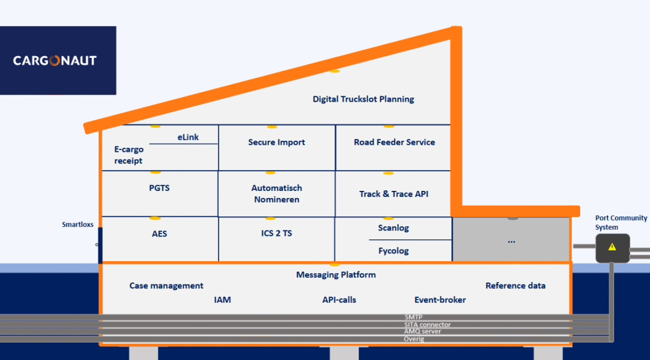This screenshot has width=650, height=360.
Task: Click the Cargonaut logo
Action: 55,60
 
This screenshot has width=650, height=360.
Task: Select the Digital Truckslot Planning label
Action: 363,99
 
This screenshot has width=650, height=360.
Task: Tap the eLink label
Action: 188,137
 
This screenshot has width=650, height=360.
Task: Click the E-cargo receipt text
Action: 129,155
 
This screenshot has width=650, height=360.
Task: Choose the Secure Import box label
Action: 277,142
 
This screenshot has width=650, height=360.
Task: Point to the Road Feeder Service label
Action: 394,142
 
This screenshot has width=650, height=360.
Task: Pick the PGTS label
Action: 160,188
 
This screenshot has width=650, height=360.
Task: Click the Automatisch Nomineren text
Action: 277,193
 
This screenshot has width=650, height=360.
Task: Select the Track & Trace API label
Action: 394,194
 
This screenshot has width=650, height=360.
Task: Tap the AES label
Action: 160,233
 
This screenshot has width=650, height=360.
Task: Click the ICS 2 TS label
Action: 277,233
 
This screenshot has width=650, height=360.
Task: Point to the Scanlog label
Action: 394,228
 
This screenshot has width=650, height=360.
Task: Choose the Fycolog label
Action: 394,251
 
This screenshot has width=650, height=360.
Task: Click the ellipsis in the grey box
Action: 511,241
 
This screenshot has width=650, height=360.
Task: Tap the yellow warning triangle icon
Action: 612,247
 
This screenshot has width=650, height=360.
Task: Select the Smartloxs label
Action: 78,225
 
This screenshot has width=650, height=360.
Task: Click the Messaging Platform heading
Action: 336,274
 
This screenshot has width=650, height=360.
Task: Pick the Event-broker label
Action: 440,300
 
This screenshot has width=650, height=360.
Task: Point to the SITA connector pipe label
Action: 427,325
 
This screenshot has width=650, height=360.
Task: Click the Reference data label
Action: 515,286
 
